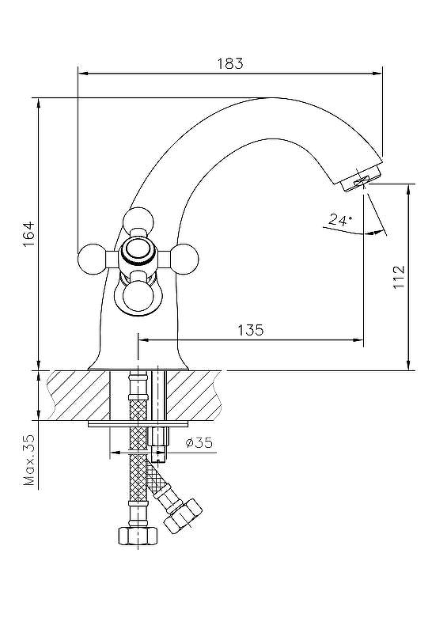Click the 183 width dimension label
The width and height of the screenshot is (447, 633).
click(230, 63)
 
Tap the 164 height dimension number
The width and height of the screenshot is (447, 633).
click(29, 234)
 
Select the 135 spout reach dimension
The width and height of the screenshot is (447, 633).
click(250, 330)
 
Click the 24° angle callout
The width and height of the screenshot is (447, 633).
click(340, 220)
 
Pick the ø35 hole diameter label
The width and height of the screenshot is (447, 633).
click(199, 443)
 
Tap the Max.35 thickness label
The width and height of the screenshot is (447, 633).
click(30, 460)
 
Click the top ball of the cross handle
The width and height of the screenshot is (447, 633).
click(138, 222)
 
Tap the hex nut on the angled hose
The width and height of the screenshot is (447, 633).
click(183, 516)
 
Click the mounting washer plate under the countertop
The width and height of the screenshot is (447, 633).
click(138, 424)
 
